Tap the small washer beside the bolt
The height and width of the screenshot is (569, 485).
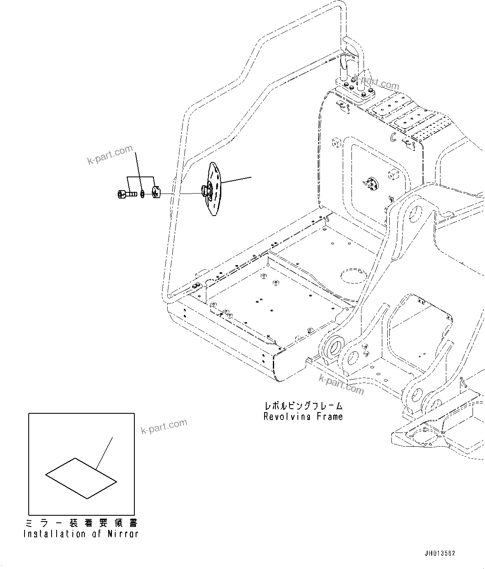coord(143,194)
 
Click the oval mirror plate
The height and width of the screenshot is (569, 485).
coord(215,189)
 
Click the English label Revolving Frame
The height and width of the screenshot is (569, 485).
coord(303,417)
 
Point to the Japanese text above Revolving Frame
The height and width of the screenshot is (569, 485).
coord(303,405)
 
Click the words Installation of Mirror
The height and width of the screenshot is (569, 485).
coord(81,534)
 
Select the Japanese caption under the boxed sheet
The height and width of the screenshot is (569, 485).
coord(81,523)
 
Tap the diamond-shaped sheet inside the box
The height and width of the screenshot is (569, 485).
coord(81,478)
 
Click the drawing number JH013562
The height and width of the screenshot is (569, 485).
coord(440,553)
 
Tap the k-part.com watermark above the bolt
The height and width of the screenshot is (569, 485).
coord(110,154)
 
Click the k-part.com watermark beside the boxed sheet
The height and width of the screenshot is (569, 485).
coord(164,427)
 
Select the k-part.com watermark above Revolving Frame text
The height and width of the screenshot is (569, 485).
coord(341,384)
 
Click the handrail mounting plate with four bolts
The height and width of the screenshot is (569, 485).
coord(353,90)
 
